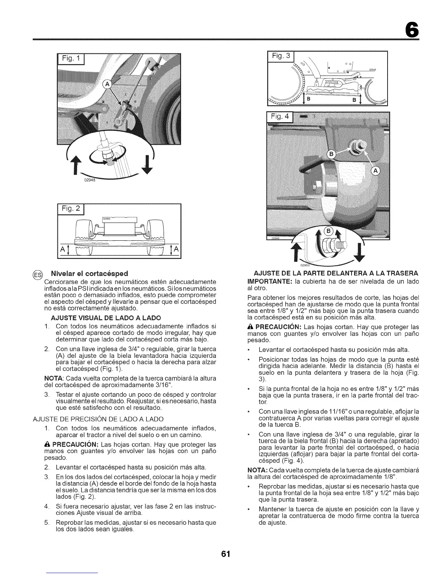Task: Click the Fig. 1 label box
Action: tap(72, 59)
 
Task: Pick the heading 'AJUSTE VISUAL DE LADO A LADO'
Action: tap(101, 317)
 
